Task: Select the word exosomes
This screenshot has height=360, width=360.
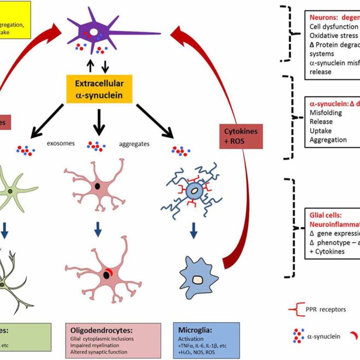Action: click(59, 146)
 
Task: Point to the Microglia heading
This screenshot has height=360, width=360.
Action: click(196, 329)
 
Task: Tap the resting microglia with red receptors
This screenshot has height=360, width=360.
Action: click(193, 192)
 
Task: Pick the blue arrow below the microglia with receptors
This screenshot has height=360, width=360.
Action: click(193, 231)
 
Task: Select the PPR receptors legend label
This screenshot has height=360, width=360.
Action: click(328, 309)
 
